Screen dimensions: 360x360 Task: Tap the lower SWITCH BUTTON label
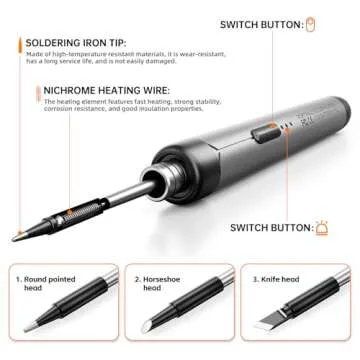pos(269,228)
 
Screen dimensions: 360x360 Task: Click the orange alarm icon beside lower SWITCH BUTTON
pos(322,228)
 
